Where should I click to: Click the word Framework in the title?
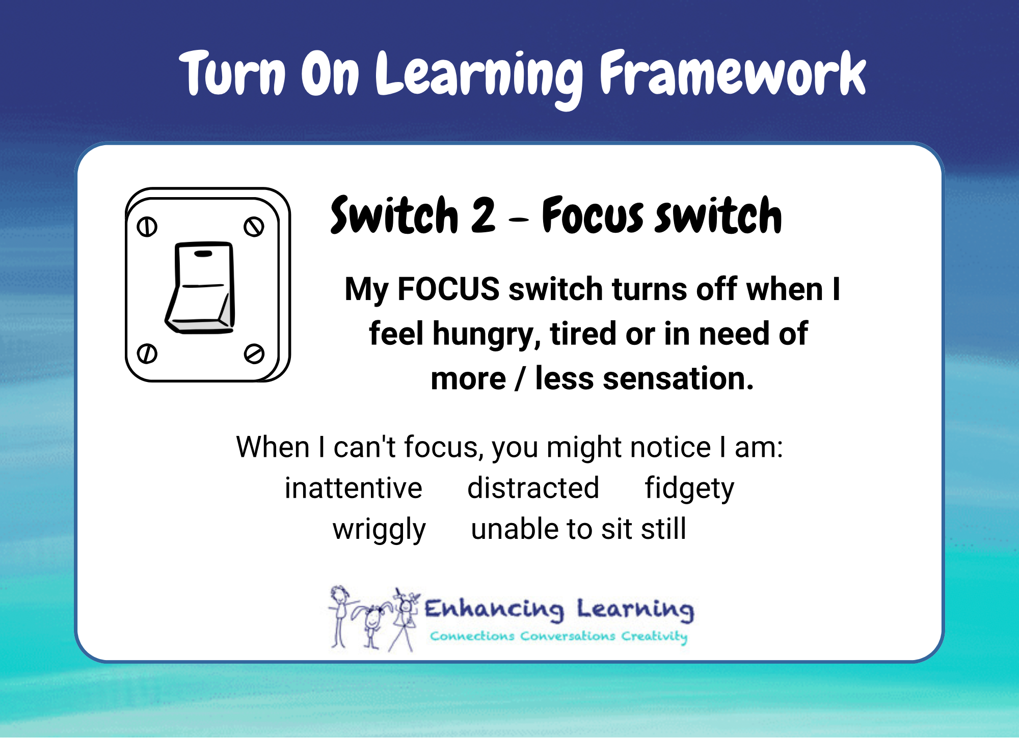tap(733, 74)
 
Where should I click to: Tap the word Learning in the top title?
tap(479, 76)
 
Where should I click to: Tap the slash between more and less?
tap(520, 379)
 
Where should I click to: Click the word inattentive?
tap(353, 488)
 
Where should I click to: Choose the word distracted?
tap(533, 488)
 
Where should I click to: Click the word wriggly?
tap(379, 530)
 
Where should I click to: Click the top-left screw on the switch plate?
tap(147, 227)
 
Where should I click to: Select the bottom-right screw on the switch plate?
tap(254, 353)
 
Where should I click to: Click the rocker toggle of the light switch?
tap(202, 288)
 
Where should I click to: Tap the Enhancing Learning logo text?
tap(559, 609)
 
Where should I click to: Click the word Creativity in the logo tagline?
tap(654, 636)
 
